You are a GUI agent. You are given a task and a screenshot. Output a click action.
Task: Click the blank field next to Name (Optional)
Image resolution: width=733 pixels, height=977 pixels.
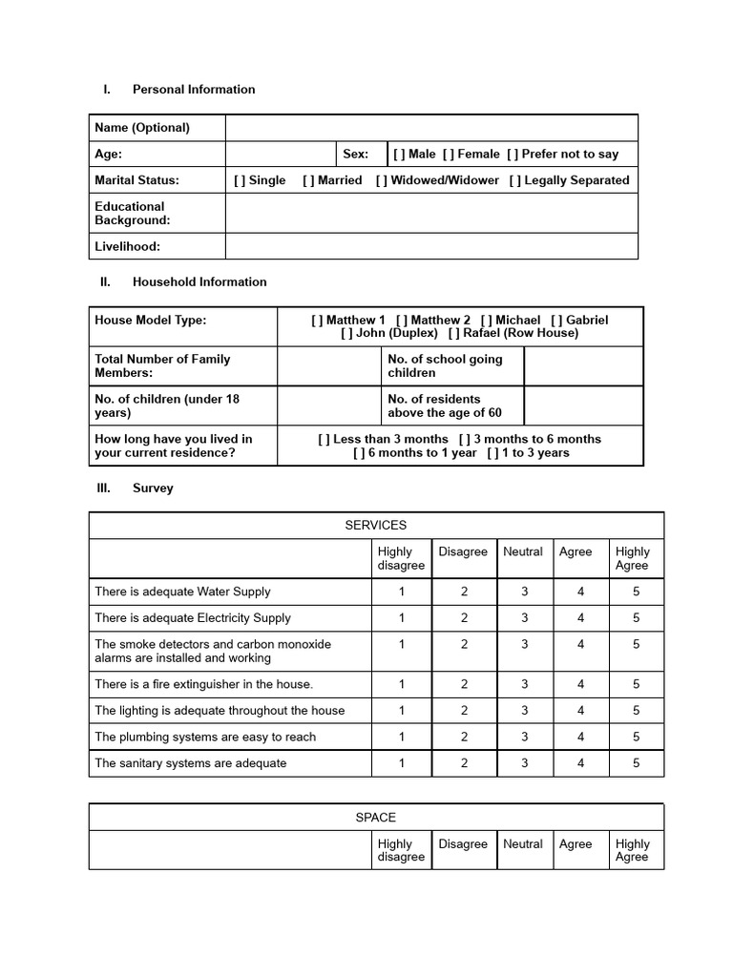pyautogui.click(x=431, y=128)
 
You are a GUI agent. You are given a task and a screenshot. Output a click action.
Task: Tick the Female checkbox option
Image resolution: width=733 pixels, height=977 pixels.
pyautogui.click(x=449, y=154)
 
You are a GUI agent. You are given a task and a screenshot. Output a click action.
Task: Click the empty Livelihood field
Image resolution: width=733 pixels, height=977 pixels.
pyautogui.click(x=431, y=246)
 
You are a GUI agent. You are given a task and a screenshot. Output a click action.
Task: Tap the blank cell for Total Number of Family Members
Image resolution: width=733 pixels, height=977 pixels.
pyautogui.click(x=328, y=366)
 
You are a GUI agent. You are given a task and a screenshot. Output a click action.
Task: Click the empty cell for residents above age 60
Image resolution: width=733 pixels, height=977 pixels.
pyautogui.click(x=583, y=405)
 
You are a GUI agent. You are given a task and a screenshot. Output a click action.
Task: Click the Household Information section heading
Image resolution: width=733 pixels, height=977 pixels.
pyautogui.click(x=199, y=281)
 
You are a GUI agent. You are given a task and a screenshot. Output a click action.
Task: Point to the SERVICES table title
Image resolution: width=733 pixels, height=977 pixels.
pyautogui.click(x=376, y=525)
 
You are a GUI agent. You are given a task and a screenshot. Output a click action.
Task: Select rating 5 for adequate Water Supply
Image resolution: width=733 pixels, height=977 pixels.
pyautogui.click(x=636, y=592)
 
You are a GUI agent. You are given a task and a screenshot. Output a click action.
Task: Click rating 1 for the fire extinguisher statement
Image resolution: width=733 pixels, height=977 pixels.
pyautogui.click(x=402, y=684)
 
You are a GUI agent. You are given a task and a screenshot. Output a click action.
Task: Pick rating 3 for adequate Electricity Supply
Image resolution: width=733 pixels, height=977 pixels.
pyautogui.click(x=524, y=617)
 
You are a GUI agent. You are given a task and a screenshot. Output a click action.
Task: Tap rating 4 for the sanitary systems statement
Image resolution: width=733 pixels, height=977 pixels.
pyautogui.click(x=580, y=763)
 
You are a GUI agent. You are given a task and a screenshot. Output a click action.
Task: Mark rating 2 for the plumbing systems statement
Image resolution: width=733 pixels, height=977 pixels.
pyautogui.click(x=464, y=737)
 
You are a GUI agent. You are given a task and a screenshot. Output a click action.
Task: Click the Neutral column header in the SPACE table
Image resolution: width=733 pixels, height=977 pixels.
pyautogui.click(x=523, y=843)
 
